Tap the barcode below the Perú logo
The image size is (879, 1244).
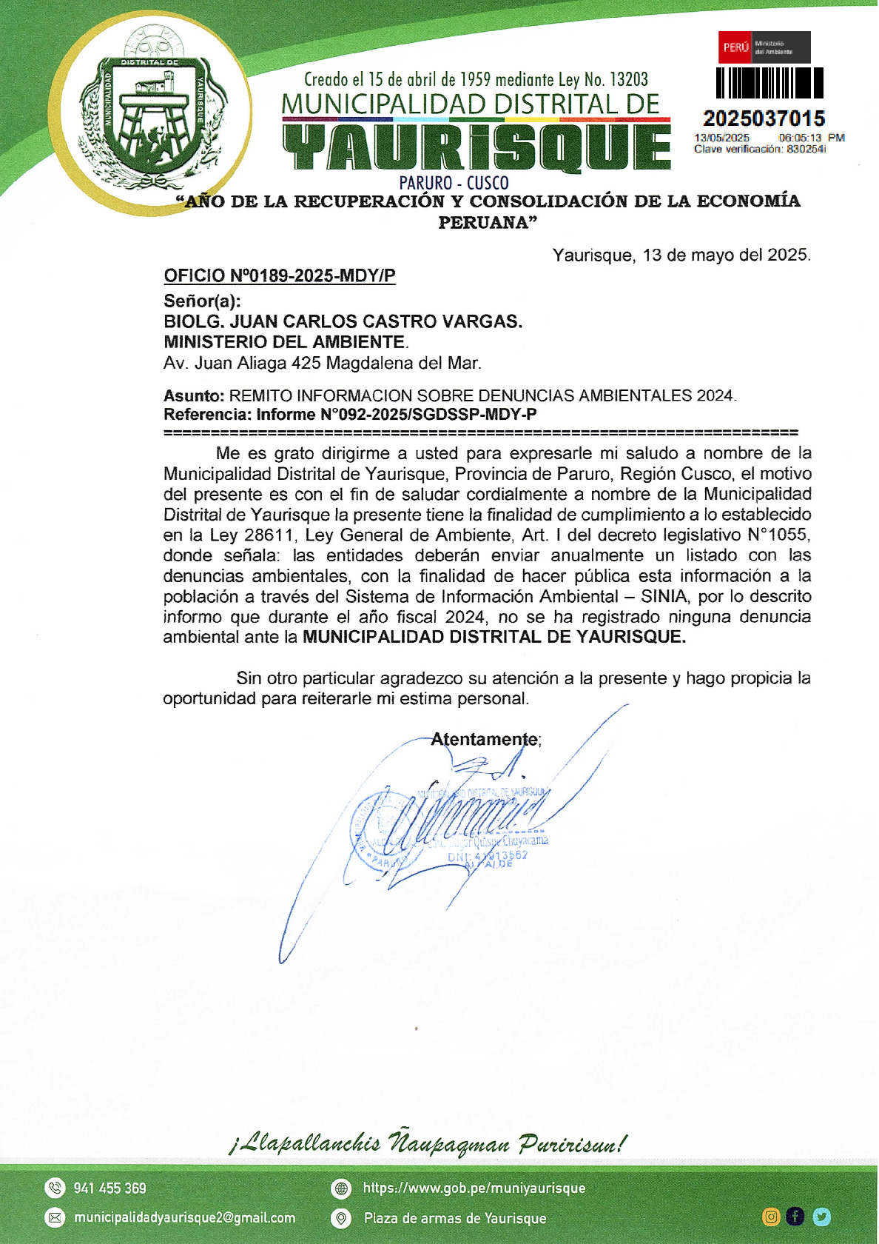[769, 83]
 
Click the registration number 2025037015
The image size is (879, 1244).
[764, 118]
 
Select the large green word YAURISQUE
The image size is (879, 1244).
[476, 148]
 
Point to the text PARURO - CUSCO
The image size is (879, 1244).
[454, 183]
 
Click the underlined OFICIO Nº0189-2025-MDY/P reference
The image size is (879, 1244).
[280, 276]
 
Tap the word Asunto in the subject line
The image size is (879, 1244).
[193, 395]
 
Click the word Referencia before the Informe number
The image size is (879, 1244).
[206, 415]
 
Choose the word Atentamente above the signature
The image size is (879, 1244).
[485, 739]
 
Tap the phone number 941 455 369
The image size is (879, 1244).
[110, 1188]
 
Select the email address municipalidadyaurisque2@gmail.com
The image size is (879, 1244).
[184, 1218]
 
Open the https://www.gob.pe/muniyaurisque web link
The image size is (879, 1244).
[474, 1188]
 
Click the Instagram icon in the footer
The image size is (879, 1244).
[771, 1217]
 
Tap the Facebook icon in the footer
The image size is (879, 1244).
[795, 1217]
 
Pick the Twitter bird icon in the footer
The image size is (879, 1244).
[821, 1217]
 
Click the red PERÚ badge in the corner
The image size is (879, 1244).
[735, 47]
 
